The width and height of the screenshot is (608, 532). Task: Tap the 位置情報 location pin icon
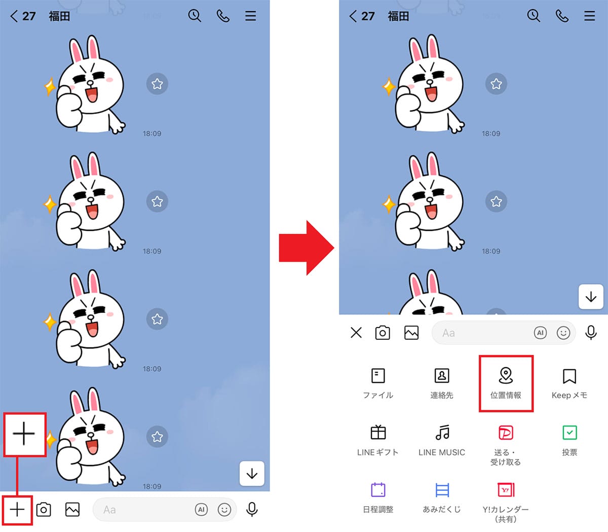pyautogui.click(x=506, y=376)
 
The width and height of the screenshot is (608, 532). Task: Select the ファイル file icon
pyautogui.click(x=378, y=376)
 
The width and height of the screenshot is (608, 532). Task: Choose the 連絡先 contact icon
pyautogui.click(x=442, y=376)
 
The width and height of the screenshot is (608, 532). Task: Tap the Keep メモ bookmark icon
pyautogui.click(x=569, y=376)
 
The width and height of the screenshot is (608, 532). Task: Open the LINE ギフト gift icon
pyautogui.click(x=378, y=433)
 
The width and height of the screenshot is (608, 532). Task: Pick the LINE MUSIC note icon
pyautogui.click(x=442, y=433)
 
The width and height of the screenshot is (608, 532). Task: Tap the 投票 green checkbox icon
pyautogui.click(x=569, y=433)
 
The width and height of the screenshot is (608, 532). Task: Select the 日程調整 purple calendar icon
pyautogui.click(x=378, y=490)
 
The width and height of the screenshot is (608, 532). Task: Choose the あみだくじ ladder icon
pyautogui.click(x=442, y=490)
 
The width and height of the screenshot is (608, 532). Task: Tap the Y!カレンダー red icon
pyautogui.click(x=506, y=490)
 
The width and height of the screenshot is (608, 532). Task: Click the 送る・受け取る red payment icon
pyautogui.click(x=506, y=433)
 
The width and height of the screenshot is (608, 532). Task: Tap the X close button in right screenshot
pyautogui.click(x=356, y=333)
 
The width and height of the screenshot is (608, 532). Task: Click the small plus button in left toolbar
pyautogui.click(x=17, y=509)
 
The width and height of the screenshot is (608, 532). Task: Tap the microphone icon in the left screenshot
pyautogui.click(x=252, y=509)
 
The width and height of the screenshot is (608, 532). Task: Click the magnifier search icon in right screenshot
pyautogui.click(x=534, y=16)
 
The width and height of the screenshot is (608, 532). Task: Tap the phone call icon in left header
pyautogui.click(x=223, y=16)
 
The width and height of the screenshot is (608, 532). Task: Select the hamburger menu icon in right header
pyautogui.click(x=590, y=16)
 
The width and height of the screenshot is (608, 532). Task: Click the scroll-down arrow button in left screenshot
pyautogui.click(x=252, y=474)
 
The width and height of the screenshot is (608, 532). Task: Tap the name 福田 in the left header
pyautogui.click(x=59, y=16)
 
